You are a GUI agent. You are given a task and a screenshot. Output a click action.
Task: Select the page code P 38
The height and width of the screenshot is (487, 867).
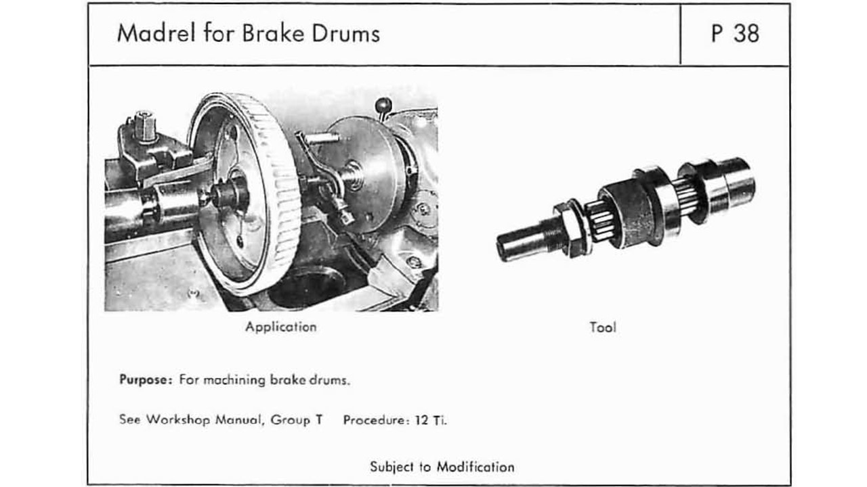[x=734, y=34]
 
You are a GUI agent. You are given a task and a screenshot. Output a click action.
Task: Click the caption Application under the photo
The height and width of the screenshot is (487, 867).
[x=280, y=327]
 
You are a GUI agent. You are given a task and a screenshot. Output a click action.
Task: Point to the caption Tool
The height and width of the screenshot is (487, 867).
[x=602, y=327]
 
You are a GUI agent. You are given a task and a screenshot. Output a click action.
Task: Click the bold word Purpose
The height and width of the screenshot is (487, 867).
[x=143, y=379]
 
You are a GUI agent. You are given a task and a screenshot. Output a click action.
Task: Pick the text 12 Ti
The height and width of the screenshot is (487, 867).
[x=431, y=419]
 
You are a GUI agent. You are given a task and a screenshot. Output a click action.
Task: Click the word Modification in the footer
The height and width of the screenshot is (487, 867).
[x=475, y=467]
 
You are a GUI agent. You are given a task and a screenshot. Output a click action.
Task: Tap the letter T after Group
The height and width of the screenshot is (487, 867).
[x=318, y=419]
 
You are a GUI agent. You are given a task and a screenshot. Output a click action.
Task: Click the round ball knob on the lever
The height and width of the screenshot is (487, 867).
[x=384, y=106]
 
